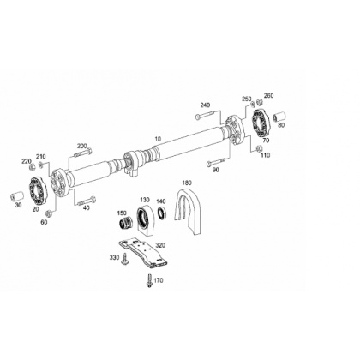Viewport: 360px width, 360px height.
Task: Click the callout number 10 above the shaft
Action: click(158, 139)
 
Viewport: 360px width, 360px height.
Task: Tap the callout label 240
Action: click(205, 105)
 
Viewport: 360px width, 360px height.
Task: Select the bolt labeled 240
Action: click(205, 116)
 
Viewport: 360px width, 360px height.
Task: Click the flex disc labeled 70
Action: click(261, 123)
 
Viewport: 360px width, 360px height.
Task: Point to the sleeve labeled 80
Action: click(279, 117)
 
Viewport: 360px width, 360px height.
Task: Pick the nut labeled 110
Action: click(259, 148)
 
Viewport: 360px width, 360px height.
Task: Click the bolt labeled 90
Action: click(216, 162)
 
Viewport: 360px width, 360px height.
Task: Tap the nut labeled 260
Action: click(259, 101)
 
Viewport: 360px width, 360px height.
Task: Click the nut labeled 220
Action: click(33, 166)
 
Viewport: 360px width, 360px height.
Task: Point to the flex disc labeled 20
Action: click(38, 190)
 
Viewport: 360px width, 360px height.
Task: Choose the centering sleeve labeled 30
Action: click(16, 197)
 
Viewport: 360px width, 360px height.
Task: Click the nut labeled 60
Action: click(49, 213)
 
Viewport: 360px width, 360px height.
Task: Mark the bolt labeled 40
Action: click(87, 201)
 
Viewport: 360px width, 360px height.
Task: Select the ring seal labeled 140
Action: click(162, 213)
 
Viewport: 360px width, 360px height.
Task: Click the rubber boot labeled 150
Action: click(125, 223)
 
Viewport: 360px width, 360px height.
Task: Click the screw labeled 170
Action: click(149, 281)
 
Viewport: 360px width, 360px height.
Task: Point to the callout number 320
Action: click(160, 245)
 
